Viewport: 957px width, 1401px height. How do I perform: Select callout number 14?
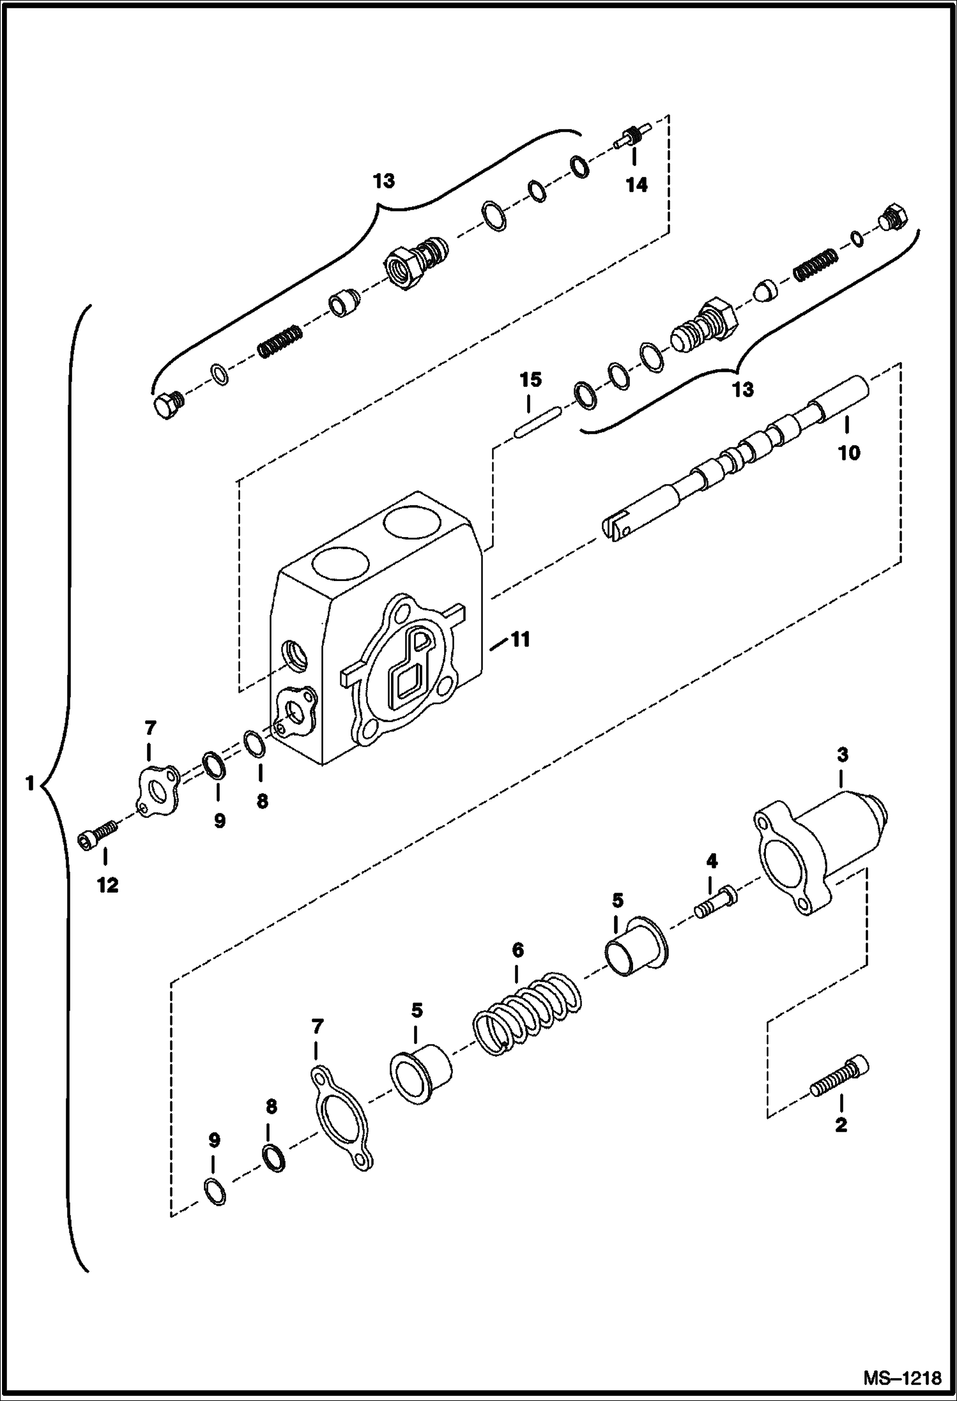pos(636,185)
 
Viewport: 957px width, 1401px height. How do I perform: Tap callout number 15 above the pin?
pos(530,379)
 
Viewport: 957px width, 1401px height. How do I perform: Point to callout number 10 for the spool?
pos(849,453)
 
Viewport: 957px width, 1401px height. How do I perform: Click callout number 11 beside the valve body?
pos(520,639)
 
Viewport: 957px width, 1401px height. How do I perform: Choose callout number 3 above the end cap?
pos(842,755)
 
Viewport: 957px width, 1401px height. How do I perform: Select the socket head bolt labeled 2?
pos(841,1079)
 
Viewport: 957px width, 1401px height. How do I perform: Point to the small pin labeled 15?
pos(538,423)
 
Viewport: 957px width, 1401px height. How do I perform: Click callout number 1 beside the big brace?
pos(29,784)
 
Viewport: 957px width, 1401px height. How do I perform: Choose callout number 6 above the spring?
pos(517,951)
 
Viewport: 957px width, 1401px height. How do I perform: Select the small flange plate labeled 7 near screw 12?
pos(158,790)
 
